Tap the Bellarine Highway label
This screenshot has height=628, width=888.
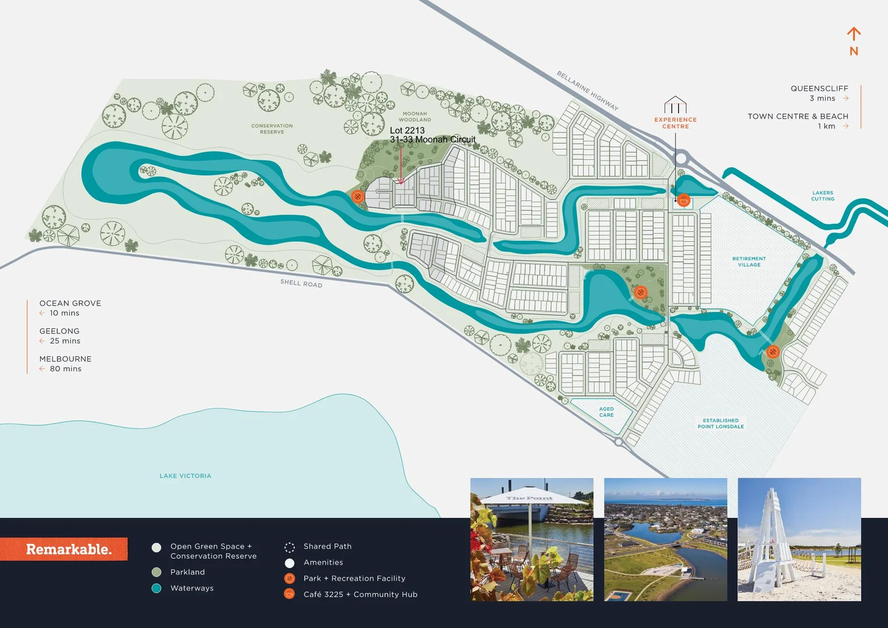tap(587, 90)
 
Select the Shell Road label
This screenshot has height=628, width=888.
tap(301, 283)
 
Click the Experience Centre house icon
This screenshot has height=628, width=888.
tap(675, 105)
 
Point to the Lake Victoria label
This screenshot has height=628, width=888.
tap(185, 476)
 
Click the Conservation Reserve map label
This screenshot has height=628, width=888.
tap(272, 129)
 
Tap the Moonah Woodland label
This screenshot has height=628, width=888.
tap(415, 116)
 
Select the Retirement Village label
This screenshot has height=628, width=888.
tap(748, 262)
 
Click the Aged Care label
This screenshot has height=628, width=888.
tap(606, 412)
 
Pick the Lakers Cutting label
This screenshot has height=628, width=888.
tap(822, 195)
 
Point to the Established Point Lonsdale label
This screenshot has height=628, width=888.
tap(721, 423)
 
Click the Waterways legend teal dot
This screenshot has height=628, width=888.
tap(156, 588)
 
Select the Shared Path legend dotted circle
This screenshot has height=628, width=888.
tap(289, 547)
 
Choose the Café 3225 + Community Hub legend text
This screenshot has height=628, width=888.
tap(360, 594)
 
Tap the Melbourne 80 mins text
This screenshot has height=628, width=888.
tap(65, 363)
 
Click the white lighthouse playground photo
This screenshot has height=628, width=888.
tap(799, 539)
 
